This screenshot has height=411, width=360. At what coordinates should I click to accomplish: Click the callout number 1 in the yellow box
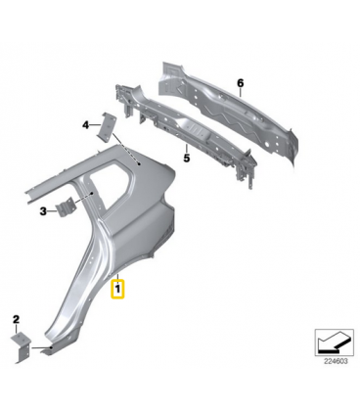coord(117,289)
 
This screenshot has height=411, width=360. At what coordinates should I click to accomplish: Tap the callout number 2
coord(16,320)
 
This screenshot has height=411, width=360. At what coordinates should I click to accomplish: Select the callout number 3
coord(43,211)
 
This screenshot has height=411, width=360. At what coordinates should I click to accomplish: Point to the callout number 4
coord(85,125)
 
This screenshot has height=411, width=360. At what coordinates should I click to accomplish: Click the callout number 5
coord(186,158)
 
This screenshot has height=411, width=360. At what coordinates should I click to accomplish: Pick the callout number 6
coord(241,83)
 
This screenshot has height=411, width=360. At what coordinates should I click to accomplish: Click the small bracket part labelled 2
coord(22,345)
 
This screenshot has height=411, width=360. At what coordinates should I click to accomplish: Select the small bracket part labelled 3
coord(66,206)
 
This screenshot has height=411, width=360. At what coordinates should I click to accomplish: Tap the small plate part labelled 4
coord(108,127)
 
